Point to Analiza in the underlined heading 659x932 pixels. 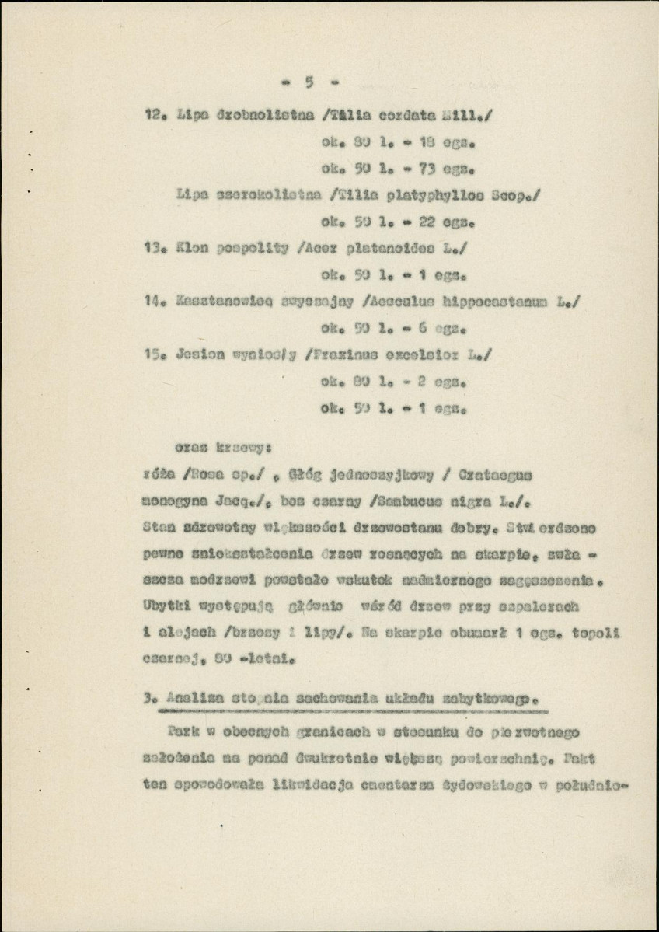[187, 696]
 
